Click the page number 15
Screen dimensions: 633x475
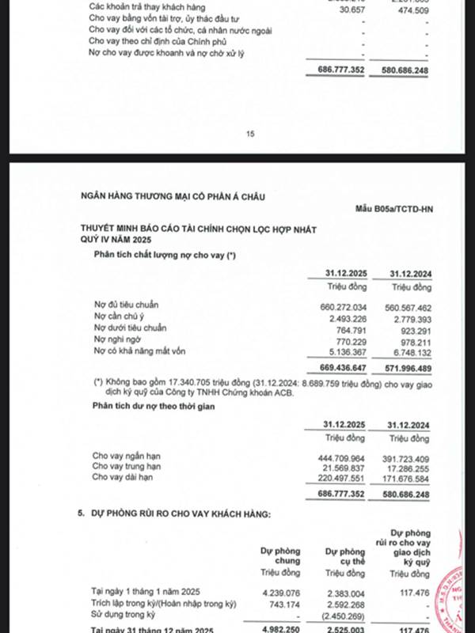250,134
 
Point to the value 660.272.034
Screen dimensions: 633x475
339,305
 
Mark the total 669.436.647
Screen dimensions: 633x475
339,367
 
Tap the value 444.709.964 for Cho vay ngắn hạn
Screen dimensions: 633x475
339,456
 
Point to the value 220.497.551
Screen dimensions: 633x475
339,478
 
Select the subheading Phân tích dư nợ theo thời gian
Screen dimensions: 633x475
156,406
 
